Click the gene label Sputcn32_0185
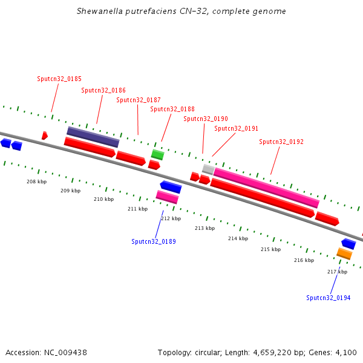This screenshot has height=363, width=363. coord(59,79)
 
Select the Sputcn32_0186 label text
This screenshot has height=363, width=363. coord(103,90)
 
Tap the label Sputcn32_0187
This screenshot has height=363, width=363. coord(139,100)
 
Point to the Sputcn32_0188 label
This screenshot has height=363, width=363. coord(172,109)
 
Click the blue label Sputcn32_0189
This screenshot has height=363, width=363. coord(154,241)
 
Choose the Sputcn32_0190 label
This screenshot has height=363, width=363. coord(206,119)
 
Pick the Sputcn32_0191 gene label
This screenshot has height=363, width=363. coord(237,128)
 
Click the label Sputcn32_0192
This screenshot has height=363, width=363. coord(281,142)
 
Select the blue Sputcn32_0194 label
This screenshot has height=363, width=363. coord(329,298)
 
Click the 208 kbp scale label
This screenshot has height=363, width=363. coord(36,181)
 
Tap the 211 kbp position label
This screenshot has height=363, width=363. coord(137,209)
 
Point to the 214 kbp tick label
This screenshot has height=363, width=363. coord(238,238)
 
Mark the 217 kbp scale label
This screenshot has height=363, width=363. coord(337,272)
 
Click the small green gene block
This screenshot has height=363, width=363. coord(157,154)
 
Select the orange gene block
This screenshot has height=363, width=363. coord(344,253)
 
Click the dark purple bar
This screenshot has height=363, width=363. coord(93,137)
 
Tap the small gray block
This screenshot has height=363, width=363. coord(208,169)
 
